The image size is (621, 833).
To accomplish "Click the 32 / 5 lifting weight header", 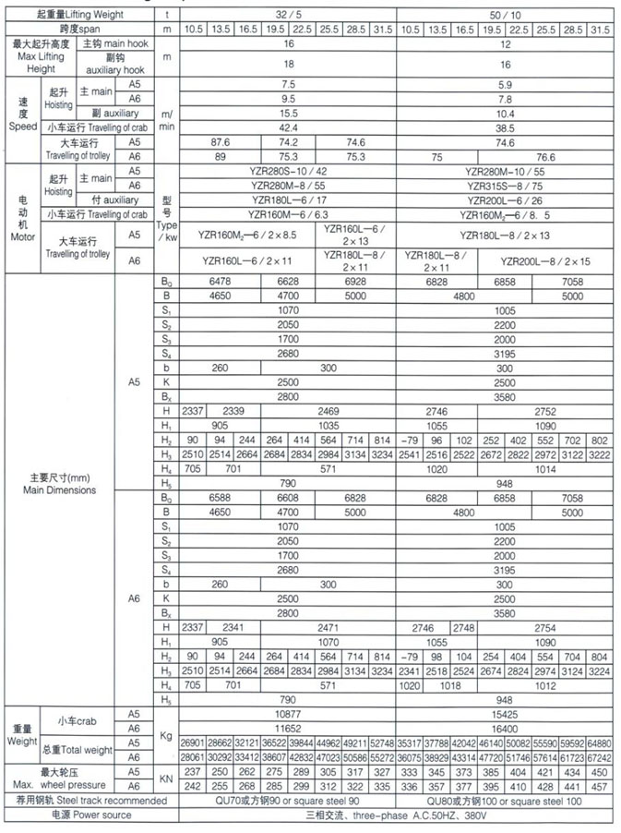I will tap(287, 15).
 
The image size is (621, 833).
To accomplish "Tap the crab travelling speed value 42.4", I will tap(287, 127).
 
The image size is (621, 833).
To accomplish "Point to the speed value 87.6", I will tap(219, 142).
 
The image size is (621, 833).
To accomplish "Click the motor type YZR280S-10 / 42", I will tap(287, 172).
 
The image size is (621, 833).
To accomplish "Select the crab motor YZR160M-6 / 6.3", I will tap(287, 214).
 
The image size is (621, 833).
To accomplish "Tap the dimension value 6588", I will tap(220, 498).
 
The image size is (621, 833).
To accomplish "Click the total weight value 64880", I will tap(601, 742).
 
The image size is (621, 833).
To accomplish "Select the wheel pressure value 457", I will tap(601, 785).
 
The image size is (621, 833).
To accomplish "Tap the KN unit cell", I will tap(167, 778).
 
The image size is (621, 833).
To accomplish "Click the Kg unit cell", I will tap(167, 735).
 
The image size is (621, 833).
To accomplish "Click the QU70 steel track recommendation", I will tap(287, 800).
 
